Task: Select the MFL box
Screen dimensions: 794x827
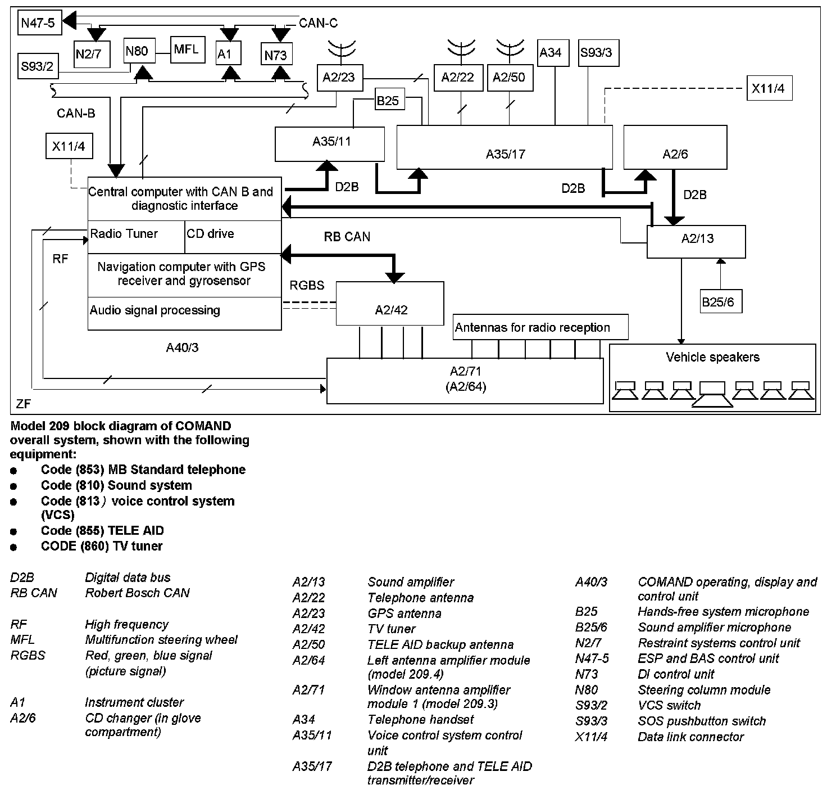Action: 186,50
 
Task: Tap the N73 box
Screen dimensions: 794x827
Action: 275,55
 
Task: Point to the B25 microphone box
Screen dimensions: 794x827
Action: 388,101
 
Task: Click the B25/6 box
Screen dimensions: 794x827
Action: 718,302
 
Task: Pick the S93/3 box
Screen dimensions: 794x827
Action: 596,53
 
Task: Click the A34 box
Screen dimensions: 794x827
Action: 551,53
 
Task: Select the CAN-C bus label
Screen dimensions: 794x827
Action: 318,23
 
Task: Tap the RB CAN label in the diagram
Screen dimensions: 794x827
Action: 347,237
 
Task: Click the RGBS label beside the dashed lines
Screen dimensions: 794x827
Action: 307,286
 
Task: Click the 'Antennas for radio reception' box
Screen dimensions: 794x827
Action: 540,327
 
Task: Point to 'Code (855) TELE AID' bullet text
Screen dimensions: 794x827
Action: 102,530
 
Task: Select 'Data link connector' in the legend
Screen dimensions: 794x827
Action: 690,737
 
